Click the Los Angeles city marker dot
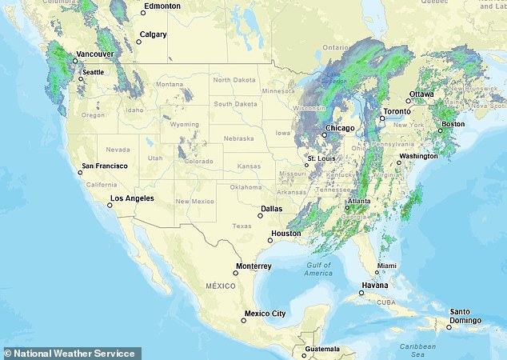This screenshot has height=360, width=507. point(110,205)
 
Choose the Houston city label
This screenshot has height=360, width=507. point(285,234)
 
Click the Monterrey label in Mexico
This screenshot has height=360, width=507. point(254,266)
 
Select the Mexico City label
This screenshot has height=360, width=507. point(265,314)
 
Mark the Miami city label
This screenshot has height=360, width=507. point(386,265)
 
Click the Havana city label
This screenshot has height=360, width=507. point(377,286)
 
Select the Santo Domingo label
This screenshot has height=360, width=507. point(465,316)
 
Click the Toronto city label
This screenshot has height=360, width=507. point(397,111)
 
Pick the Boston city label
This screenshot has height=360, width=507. point(453,124)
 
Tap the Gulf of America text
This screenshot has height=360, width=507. point(317,269)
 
